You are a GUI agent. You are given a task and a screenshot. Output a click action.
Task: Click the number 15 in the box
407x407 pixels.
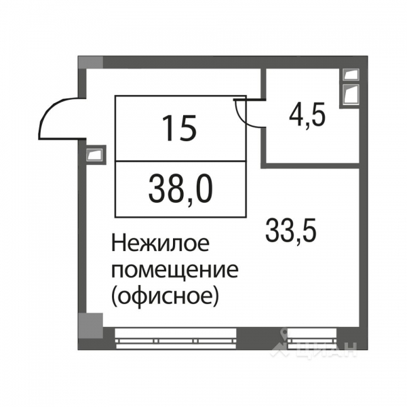[180, 128]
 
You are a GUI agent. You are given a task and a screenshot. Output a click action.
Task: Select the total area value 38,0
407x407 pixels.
[180, 188]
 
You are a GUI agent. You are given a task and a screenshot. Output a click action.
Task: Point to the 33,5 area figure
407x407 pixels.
[290, 233]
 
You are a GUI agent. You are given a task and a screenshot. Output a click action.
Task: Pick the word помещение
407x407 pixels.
[175, 270]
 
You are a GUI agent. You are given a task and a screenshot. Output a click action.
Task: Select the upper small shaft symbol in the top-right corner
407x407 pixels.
[351, 74]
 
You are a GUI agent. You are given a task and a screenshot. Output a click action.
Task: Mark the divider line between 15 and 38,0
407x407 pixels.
[180, 161]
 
